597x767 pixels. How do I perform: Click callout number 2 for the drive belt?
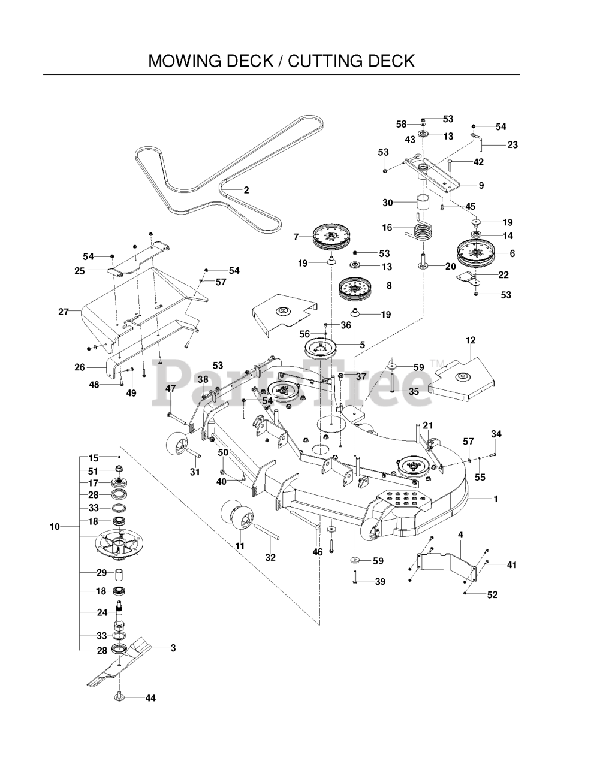click(x=246, y=190)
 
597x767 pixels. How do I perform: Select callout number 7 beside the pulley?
click(x=296, y=237)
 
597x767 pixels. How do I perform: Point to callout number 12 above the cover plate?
click(x=470, y=340)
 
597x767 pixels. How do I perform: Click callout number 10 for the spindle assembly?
click(x=55, y=527)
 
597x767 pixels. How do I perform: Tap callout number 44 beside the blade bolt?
click(x=150, y=698)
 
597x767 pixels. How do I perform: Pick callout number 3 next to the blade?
click(x=173, y=647)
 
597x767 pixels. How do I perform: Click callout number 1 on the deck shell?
click(x=495, y=499)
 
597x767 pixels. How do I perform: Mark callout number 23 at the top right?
click(x=512, y=144)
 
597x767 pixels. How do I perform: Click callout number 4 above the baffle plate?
click(x=460, y=534)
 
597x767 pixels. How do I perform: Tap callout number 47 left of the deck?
click(x=170, y=389)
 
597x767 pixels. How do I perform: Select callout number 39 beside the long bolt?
click(x=379, y=582)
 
